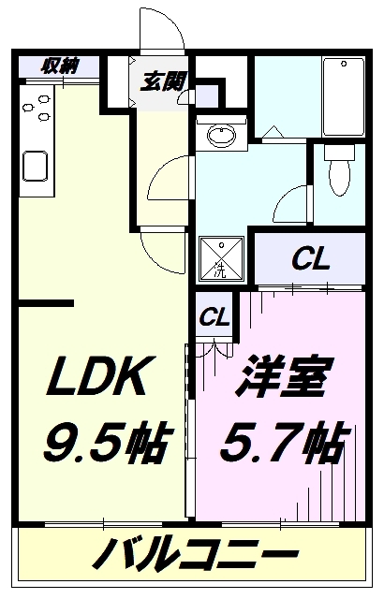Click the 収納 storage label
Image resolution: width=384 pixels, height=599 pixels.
click(59, 66)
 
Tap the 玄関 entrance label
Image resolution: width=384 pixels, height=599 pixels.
click(163, 81)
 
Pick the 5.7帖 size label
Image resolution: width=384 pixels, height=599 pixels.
click(284, 441)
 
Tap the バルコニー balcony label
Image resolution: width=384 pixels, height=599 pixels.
click(194, 553)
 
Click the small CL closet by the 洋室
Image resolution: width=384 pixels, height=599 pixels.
click(214, 316)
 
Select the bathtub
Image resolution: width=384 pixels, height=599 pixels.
click(343, 96)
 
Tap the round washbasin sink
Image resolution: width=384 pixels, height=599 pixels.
click(221, 135)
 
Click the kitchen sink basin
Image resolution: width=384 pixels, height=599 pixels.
click(36, 167)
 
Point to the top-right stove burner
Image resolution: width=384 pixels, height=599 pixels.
click(44, 99)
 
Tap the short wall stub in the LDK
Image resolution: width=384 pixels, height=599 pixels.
click(46, 303)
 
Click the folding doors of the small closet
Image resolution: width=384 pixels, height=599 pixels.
click(214, 349)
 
